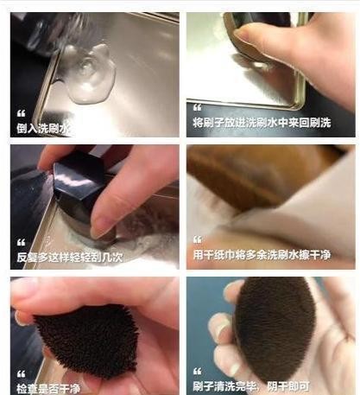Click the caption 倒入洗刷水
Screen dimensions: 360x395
pos(43,128)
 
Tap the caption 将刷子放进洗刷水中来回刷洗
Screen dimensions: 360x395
pos(262,123)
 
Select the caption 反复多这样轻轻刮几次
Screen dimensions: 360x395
pos(70,257)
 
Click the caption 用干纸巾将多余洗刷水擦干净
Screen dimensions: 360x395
pos(262,255)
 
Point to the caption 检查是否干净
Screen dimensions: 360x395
pos(48,389)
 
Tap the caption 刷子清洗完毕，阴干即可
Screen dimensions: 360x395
pos(251,386)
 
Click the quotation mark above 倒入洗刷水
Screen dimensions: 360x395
pos(21,113)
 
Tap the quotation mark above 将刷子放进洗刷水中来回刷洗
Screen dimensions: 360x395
pos(198,107)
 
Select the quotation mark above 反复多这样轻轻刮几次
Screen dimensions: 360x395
pos(21,242)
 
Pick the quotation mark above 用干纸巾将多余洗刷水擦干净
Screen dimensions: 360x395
pos(198,239)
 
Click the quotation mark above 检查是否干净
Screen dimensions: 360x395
pos(21,374)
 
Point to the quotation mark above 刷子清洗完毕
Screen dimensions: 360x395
pos(198,372)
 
